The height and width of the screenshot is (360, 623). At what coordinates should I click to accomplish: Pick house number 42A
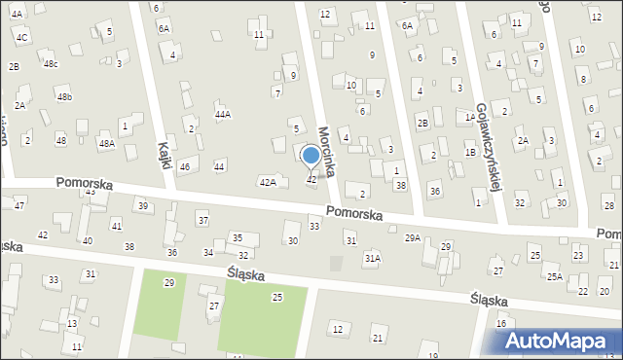click(268, 182)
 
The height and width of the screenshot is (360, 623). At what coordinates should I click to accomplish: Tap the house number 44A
click(223, 115)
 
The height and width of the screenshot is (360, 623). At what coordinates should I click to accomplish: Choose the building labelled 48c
click(51, 64)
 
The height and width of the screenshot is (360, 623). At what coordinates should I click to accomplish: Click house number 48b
click(64, 97)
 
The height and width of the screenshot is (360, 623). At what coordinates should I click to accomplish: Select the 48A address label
click(106, 143)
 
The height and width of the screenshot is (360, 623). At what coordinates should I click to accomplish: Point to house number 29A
click(413, 237)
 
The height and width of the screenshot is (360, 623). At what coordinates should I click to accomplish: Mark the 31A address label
click(372, 259)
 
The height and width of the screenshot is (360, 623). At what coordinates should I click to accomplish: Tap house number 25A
click(554, 277)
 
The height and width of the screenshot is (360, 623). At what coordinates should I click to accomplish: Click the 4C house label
click(22, 36)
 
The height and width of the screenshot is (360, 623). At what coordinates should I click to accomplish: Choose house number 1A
click(470, 117)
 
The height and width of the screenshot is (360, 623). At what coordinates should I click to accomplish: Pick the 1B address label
click(470, 152)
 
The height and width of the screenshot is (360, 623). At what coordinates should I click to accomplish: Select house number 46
click(184, 167)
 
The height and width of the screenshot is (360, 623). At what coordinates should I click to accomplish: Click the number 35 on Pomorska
click(237, 238)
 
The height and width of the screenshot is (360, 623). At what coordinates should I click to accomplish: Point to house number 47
click(18, 206)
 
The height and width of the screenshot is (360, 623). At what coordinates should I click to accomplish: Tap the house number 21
click(377, 338)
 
